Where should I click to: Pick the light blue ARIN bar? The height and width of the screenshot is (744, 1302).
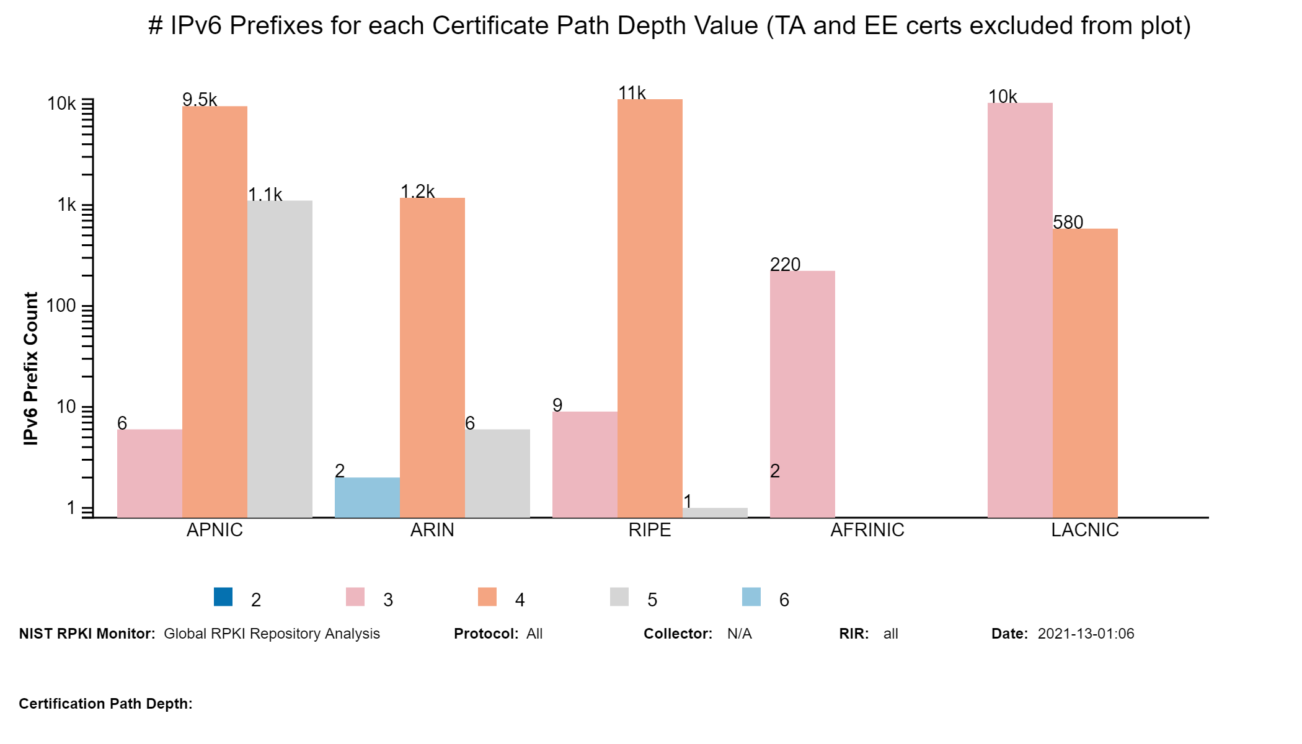click(x=367, y=497)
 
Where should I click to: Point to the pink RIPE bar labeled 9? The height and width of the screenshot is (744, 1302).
click(x=585, y=464)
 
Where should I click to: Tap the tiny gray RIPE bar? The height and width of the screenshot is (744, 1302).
click(x=715, y=513)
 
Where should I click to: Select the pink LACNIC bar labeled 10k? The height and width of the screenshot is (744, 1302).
click(x=1020, y=310)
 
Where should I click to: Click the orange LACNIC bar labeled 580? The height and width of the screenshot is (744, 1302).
click(x=1085, y=373)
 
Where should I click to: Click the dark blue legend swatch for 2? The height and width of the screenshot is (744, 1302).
click(x=223, y=596)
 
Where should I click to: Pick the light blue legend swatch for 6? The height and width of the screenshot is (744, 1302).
click(x=751, y=596)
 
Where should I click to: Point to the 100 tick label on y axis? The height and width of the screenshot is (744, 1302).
click(x=61, y=306)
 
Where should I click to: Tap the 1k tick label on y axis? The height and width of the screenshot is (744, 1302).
click(x=66, y=205)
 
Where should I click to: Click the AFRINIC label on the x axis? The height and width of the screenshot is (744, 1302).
click(x=867, y=530)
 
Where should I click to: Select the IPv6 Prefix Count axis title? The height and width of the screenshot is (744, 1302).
click(x=31, y=368)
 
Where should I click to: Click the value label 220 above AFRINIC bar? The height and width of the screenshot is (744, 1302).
click(x=785, y=265)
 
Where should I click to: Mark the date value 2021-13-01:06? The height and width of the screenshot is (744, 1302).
click(x=1086, y=634)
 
